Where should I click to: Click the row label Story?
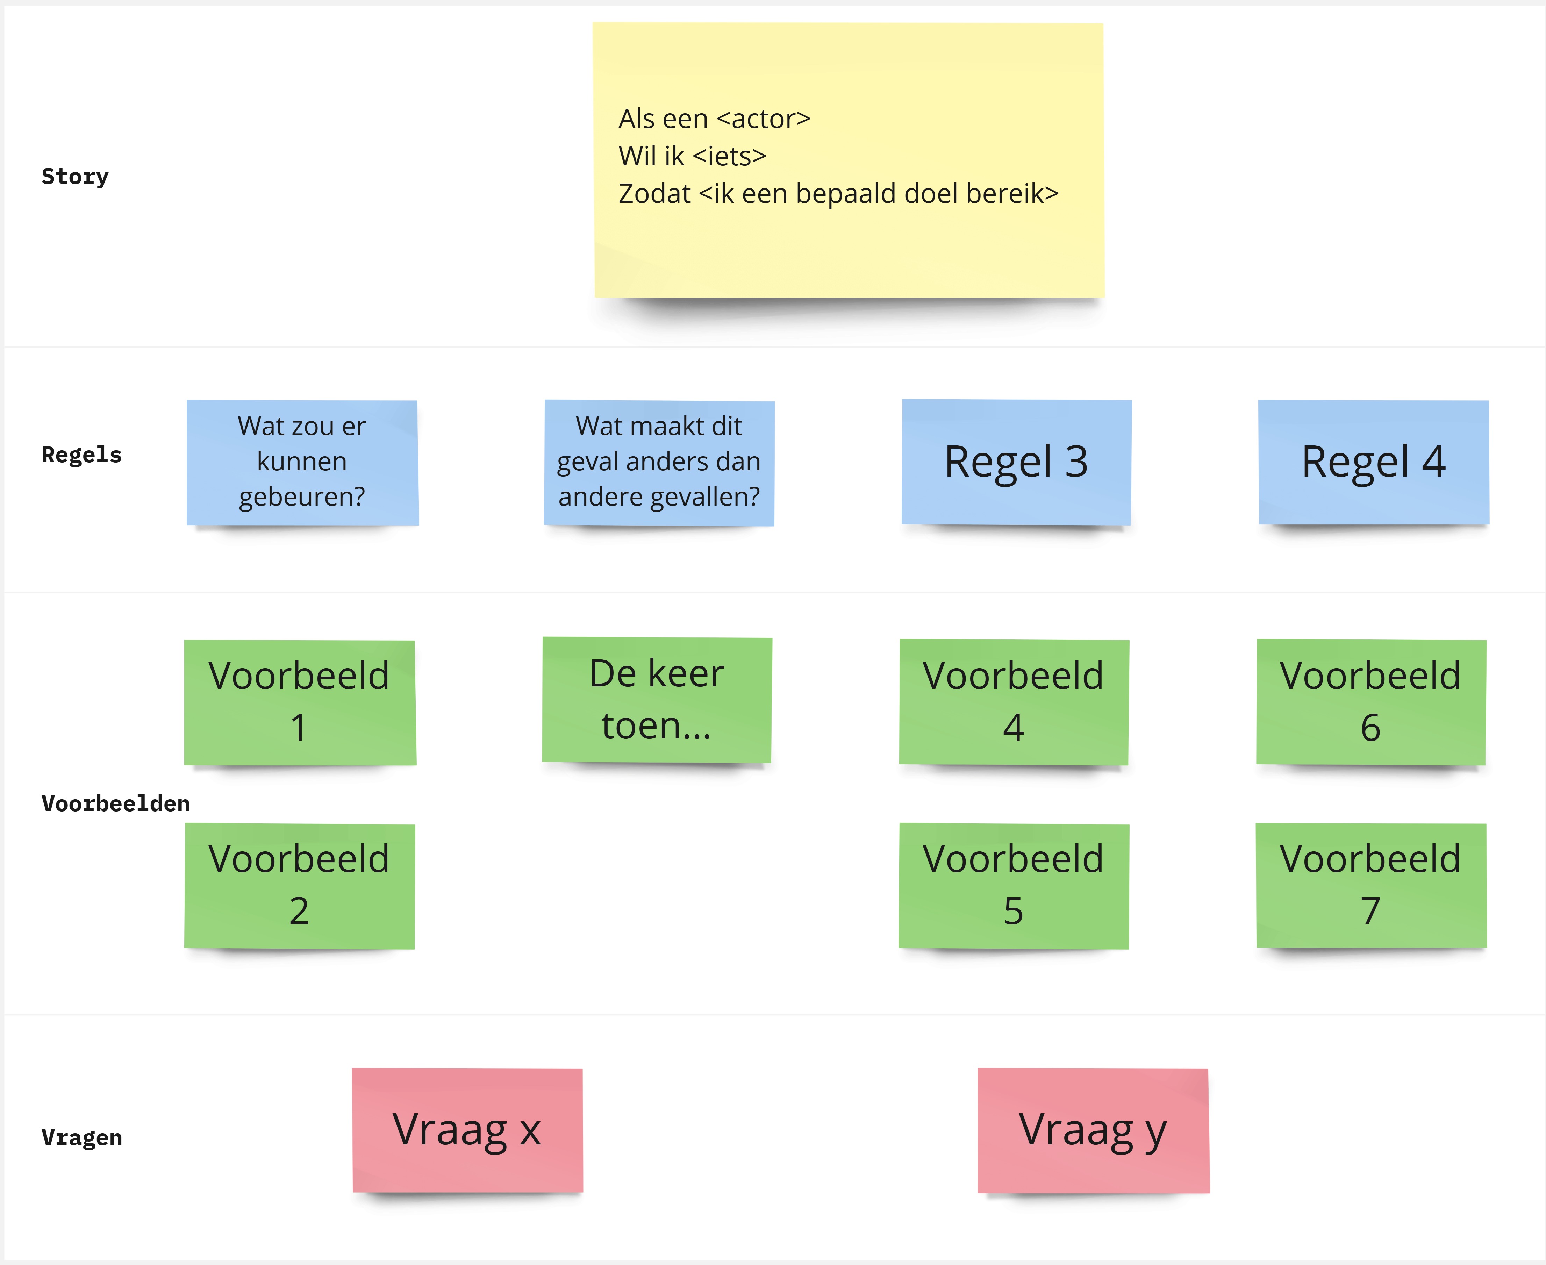click(75, 176)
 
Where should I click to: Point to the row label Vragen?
click(81, 1137)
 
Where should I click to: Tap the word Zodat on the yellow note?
click(654, 194)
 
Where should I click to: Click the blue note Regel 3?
click(1016, 462)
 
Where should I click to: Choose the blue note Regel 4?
click(1373, 462)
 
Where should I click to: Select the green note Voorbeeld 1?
click(299, 702)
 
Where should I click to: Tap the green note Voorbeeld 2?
click(299, 885)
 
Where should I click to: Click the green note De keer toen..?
click(657, 700)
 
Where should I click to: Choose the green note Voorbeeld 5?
click(1014, 885)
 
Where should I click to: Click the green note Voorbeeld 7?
click(1370, 885)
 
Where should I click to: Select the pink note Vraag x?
click(467, 1130)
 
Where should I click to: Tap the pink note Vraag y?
click(1093, 1130)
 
